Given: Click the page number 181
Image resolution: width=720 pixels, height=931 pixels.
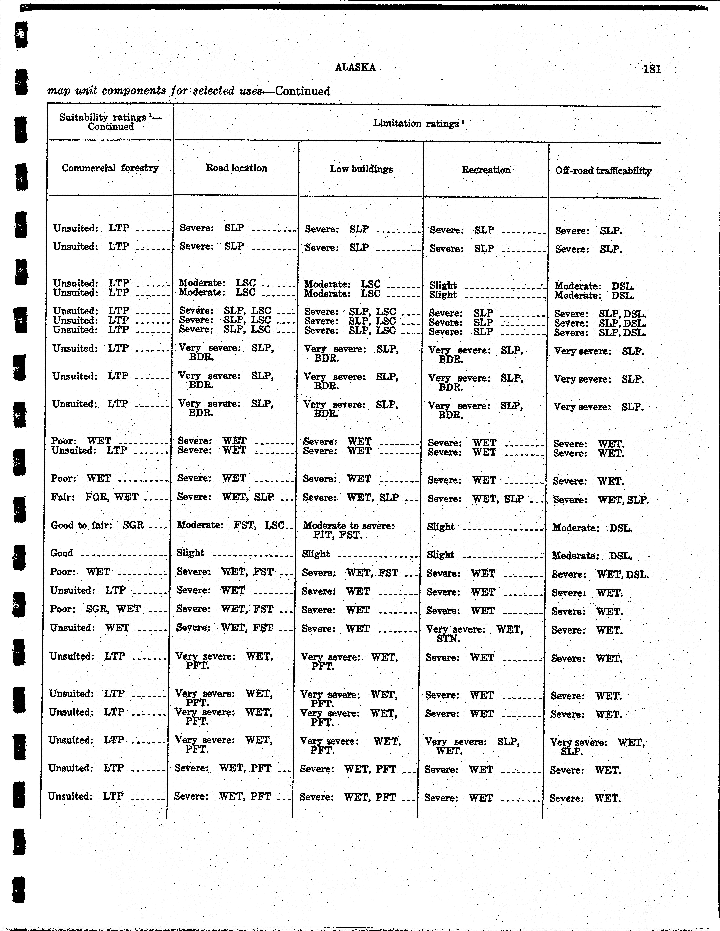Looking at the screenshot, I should point(652,69).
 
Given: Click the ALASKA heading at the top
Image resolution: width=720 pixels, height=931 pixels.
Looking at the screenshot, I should point(355,67).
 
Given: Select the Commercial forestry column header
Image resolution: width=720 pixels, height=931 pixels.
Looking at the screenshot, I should point(110,168).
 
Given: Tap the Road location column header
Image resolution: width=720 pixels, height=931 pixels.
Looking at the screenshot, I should point(236,168).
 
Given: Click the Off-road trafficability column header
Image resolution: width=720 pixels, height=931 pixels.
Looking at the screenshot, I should point(603,171).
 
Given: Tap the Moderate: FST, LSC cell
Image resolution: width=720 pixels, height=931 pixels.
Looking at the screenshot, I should point(231,525).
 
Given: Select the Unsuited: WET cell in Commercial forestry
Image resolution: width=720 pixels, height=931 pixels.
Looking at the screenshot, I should point(90,628).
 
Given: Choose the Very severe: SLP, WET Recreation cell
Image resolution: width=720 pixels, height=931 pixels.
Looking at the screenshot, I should point(472,746).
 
